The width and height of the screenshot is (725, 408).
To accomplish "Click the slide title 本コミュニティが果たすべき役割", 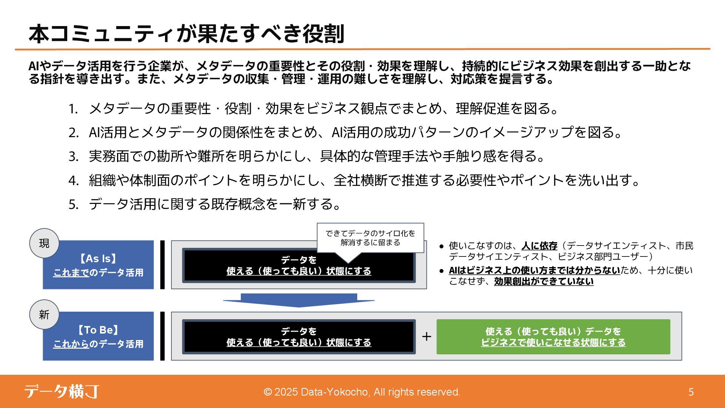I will (x=187, y=34).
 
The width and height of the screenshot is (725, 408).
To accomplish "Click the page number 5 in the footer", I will (x=691, y=392).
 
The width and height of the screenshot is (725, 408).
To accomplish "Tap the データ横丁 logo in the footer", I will (x=62, y=391).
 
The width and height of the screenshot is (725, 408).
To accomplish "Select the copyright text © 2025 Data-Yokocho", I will (x=362, y=392).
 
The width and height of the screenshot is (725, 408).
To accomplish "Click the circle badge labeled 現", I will (x=44, y=243).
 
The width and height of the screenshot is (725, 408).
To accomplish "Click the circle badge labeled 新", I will (x=44, y=315).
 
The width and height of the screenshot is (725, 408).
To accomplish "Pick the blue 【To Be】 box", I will (x=98, y=337).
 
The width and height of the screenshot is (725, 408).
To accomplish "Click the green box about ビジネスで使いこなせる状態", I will (x=553, y=337).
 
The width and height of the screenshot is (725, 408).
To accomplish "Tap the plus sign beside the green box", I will (x=426, y=337).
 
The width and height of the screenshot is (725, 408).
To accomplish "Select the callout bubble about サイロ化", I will (x=370, y=238).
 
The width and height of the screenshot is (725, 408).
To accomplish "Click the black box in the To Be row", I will (x=299, y=337).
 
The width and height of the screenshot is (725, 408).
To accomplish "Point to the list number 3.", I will (x=73, y=156).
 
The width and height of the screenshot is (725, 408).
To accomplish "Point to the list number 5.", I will (x=73, y=204).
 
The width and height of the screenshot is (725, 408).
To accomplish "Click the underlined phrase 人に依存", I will (x=539, y=246).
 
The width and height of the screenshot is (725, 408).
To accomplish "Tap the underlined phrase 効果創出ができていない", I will (x=544, y=281).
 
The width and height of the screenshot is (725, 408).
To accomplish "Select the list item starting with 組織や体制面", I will (x=364, y=180).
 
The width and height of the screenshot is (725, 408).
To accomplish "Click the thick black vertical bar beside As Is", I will (x=162, y=265).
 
